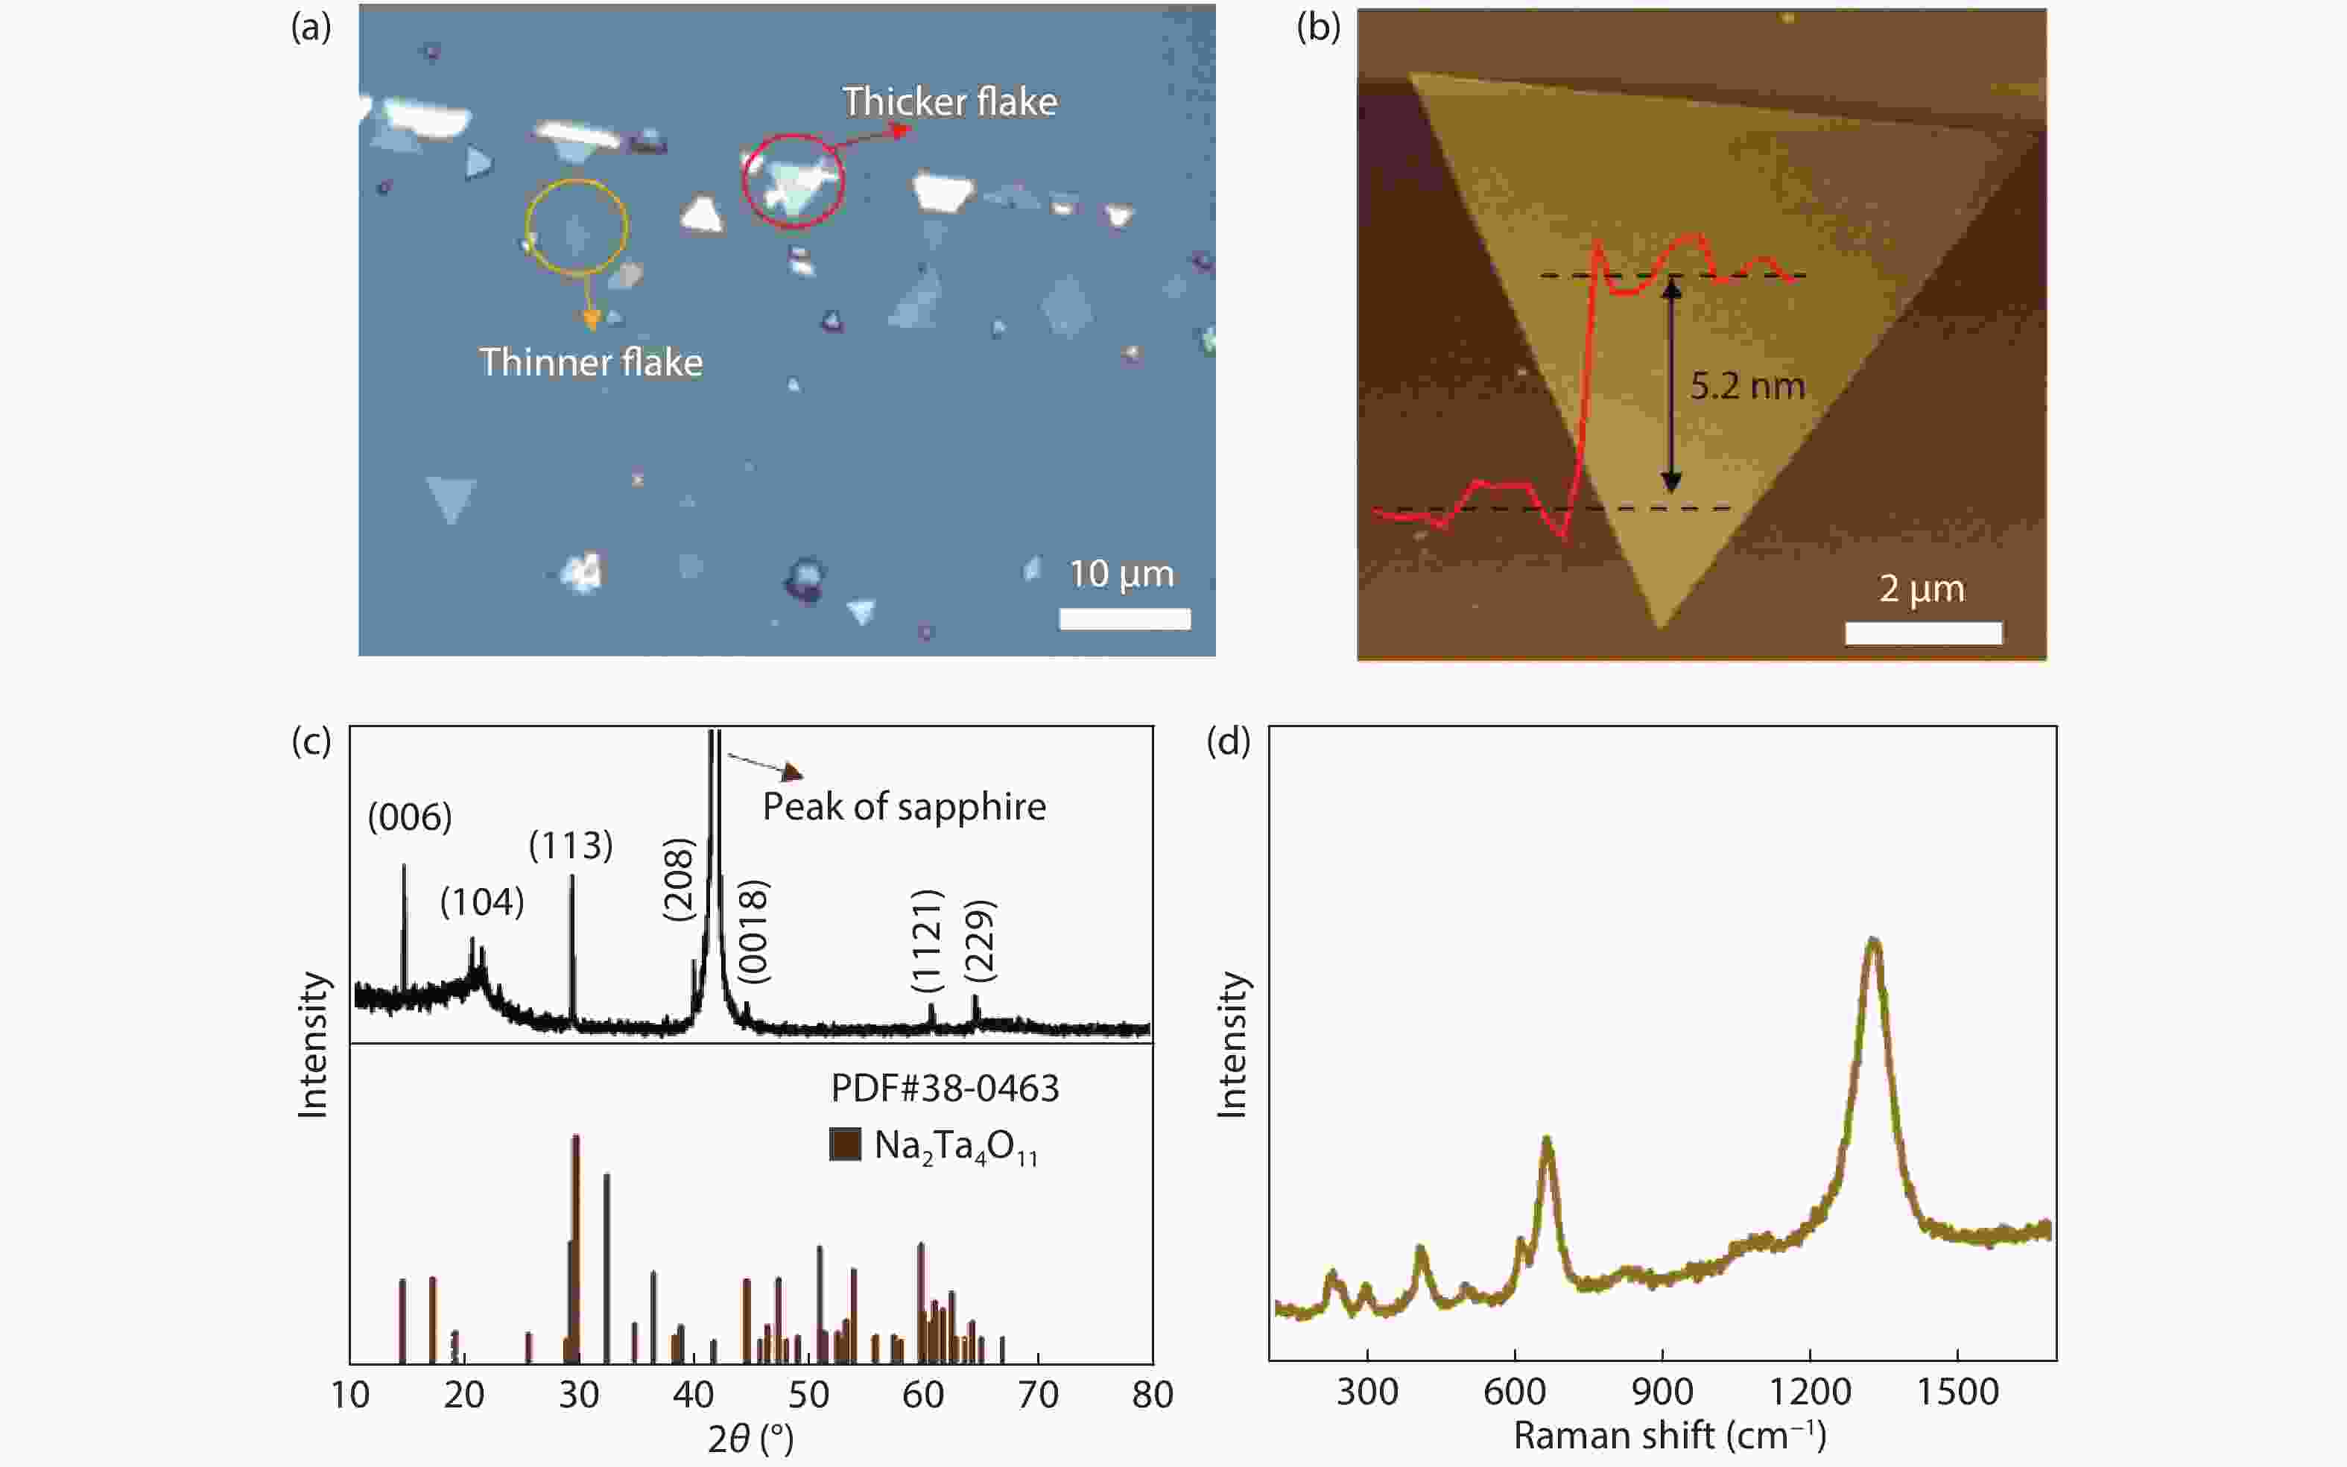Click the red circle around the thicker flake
[x=793, y=180]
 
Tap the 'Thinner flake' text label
[x=591, y=363]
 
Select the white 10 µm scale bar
[x=1124, y=619]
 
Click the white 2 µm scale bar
[x=1922, y=633]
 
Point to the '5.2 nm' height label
[x=1747, y=386]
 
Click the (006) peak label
[x=410, y=817]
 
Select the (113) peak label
[x=571, y=845]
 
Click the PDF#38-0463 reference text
[x=944, y=1088]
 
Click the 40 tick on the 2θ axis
[x=693, y=1394]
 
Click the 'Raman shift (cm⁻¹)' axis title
[x=1670, y=1435]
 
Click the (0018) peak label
[x=754, y=931]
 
